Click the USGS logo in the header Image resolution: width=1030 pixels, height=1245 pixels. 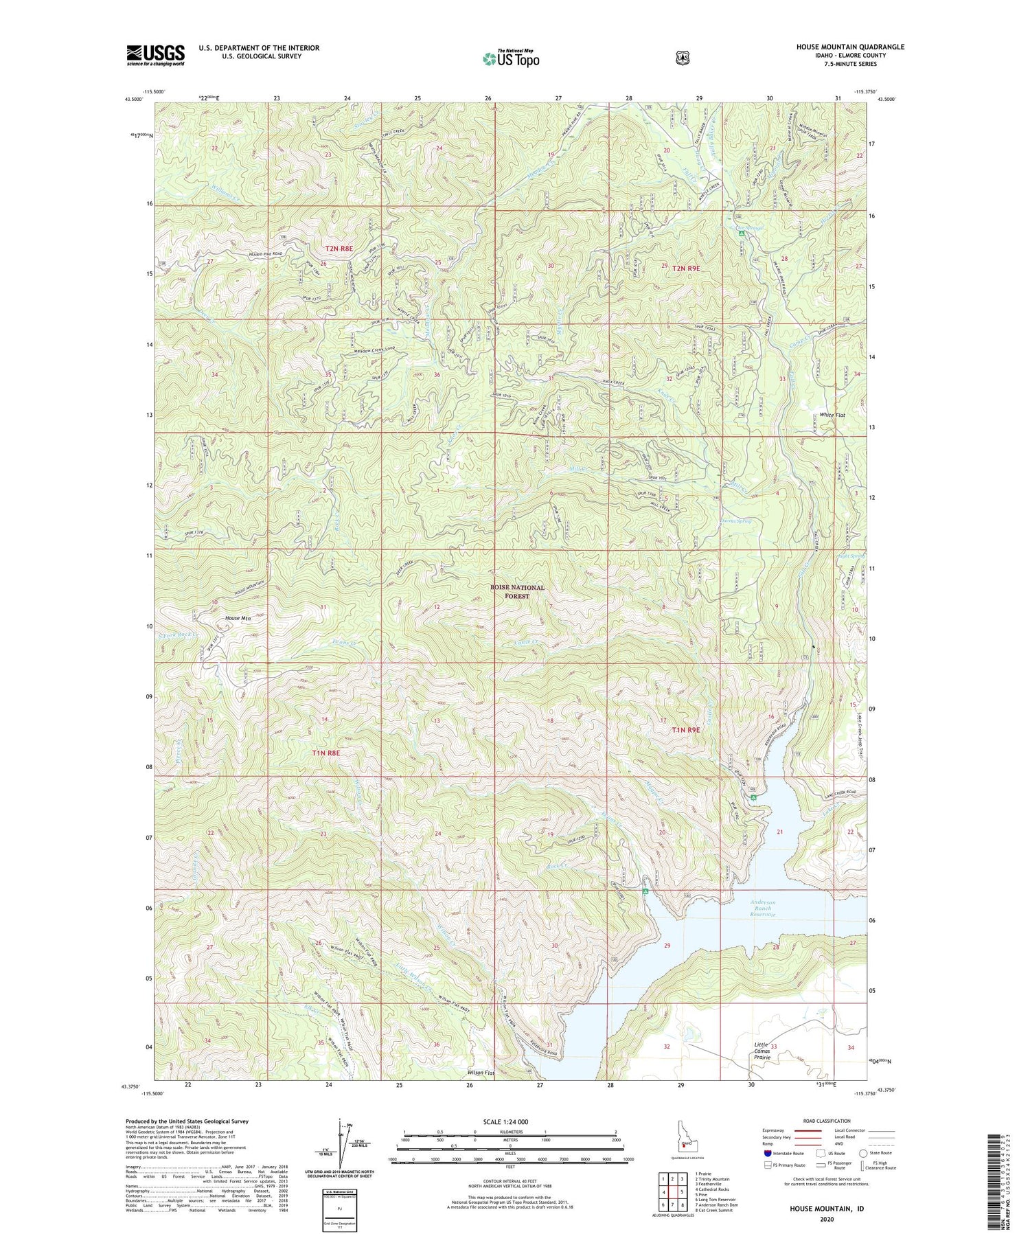[155, 55]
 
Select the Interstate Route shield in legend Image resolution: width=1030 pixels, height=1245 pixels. [768, 1154]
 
